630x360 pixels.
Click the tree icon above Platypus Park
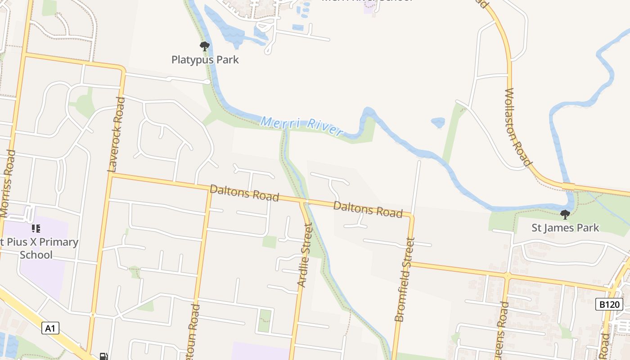point(205,46)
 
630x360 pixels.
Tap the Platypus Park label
point(205,59)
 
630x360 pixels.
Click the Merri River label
point(302,126)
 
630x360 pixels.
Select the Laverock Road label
point(116,135)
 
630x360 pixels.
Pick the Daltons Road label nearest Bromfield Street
point(368,209)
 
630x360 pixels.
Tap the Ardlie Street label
point(305,255)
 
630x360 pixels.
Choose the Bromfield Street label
point(405,279)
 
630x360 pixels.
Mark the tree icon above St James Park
point(565,215)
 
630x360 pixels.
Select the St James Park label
point(565,228)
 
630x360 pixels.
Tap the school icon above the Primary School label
point(36,229)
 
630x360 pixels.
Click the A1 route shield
point(50,328)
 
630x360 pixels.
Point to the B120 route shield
point(610,305)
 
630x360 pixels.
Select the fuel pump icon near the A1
point(103,356)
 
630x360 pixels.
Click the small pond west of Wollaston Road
point(438,122)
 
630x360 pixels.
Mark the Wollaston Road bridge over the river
point(568,186)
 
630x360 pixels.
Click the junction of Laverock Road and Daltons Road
point(111,175)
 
